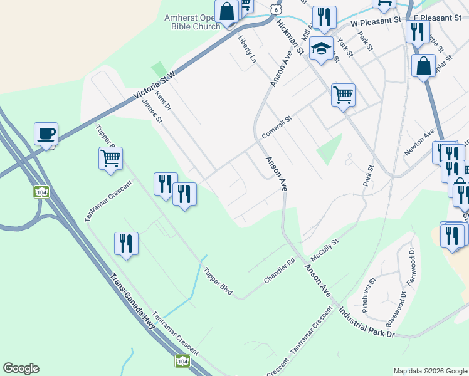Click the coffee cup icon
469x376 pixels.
[x=46, y=133]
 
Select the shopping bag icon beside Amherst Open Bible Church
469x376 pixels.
[x=226, y=11]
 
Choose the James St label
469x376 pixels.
[x=152, y=111]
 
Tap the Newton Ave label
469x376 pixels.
[x=419, y=142]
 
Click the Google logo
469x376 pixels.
[x=21, y=368]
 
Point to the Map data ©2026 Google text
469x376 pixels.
[x=430, y=371]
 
